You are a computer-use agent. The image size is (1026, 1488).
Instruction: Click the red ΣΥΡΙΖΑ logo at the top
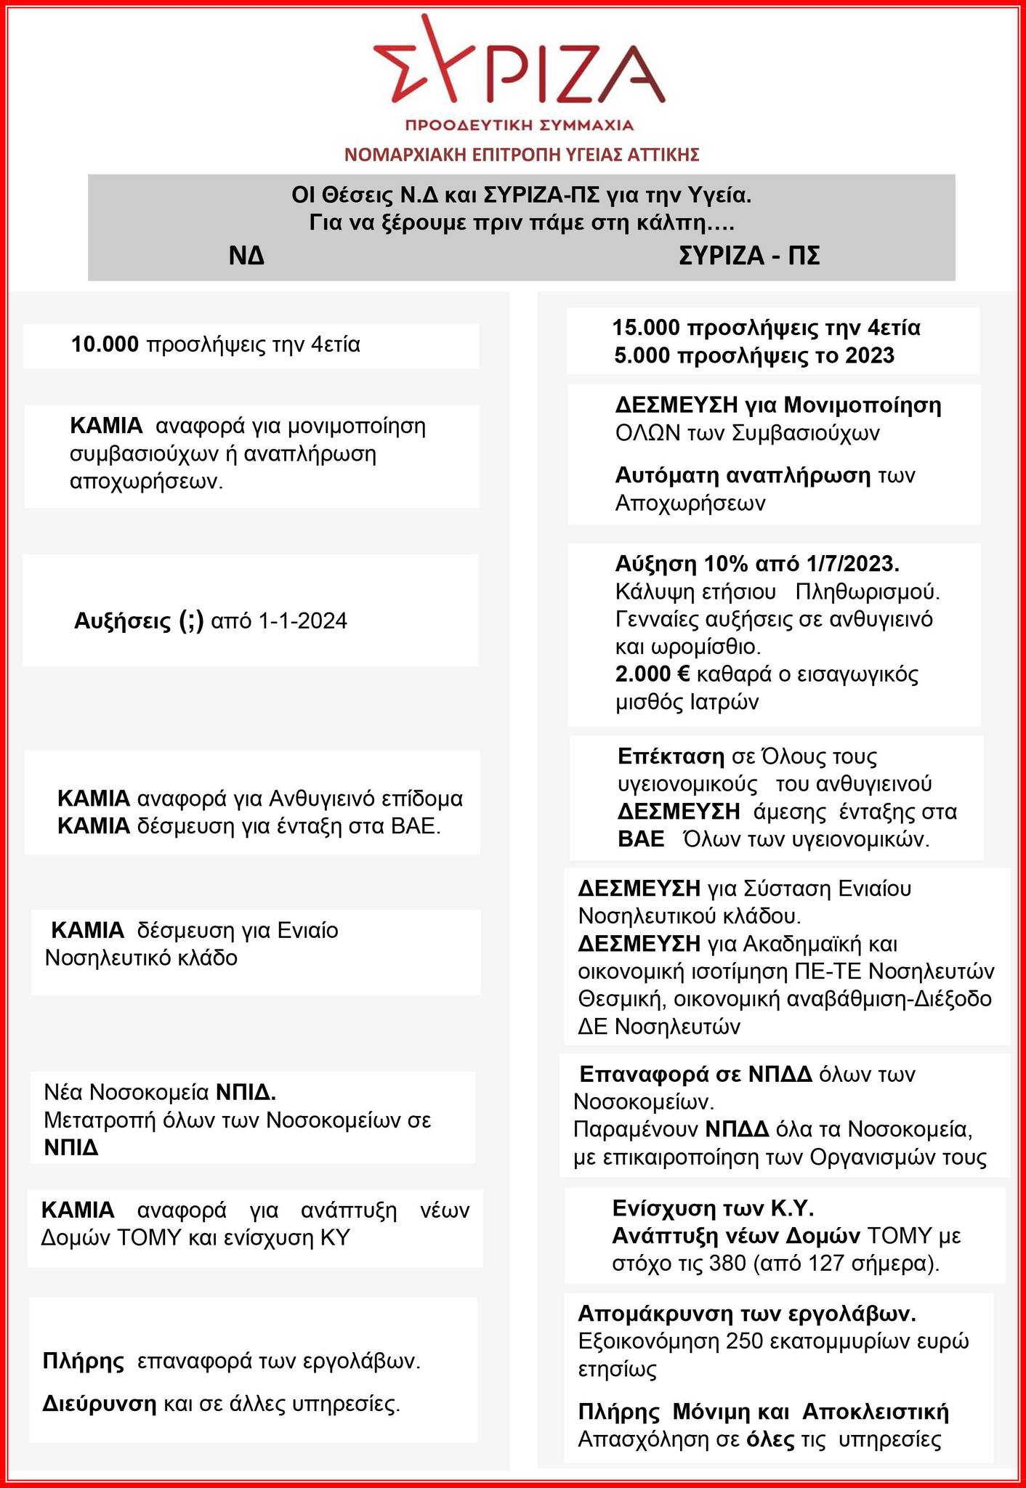coord(520,65)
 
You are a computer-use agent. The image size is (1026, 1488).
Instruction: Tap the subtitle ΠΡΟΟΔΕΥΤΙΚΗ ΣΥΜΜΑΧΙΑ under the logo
coord(520,125)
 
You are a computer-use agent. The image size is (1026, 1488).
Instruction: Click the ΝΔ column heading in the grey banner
coord(247,256)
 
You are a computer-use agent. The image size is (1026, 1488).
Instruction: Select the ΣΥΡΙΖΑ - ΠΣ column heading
coord(749,256)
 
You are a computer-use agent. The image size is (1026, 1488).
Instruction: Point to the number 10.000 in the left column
coord(105,344)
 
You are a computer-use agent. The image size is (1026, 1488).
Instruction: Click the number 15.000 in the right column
coord(647,328)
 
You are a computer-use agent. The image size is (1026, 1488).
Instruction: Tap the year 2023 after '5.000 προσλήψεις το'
coord(870,356)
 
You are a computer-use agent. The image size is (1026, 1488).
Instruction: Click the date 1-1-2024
coord(302,621)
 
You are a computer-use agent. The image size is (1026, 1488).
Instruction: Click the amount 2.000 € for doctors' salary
coord(652,674)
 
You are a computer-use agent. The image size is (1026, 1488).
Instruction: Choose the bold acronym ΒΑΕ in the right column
coord(641,839)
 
